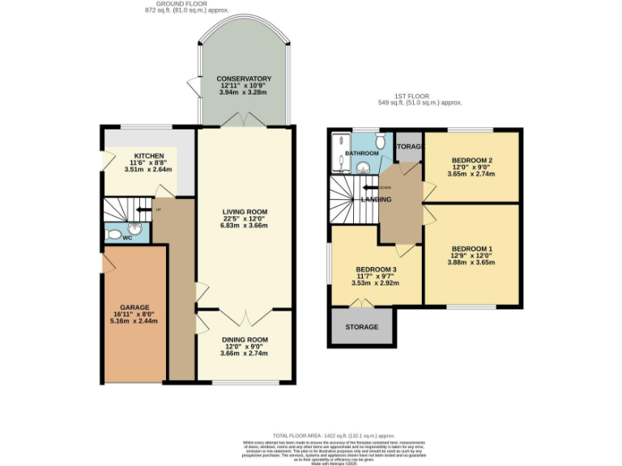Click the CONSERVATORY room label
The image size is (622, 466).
[244, 78]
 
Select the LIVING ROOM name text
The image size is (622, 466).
[245, 212]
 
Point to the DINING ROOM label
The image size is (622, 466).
[245, 340]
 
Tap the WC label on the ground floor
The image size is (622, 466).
[127, 239]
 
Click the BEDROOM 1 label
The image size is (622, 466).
[471, 248]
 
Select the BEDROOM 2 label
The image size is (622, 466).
[471, 159]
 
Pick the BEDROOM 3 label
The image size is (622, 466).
[376, 269]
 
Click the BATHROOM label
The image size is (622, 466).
[362, 153]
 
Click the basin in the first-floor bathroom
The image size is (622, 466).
[364, 168]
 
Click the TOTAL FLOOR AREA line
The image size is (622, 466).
[311, 434]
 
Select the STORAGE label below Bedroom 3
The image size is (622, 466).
[361, 327]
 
